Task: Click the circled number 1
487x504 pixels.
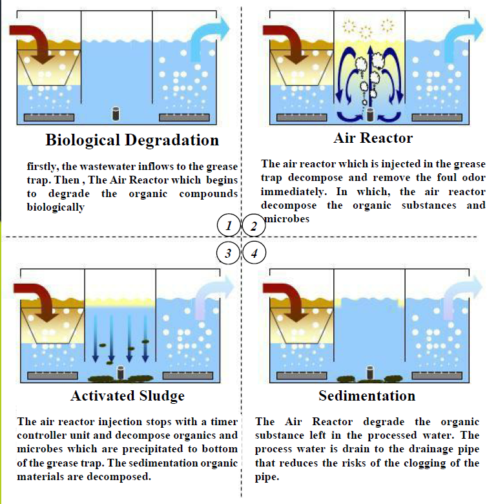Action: pyautogui.click(x=229, y=226)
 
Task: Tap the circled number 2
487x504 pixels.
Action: pyautogui.click(x=254, y=226)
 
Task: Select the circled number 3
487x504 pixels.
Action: pyautogui.click(x=228, y=253)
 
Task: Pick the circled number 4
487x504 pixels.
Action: pyautogui.click(x=254, y=253)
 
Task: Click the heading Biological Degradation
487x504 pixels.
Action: pyautogui.click(x=132, y=140)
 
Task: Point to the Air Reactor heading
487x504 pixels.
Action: pyautogui.click(x=373, y=138)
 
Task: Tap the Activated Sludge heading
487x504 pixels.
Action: pyautogui.click(x=127, y=396)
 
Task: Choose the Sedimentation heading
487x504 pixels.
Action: pyautogui.click(x=367, y=395)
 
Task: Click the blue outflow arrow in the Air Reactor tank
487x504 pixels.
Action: pyautogui.click(x=462, y=39)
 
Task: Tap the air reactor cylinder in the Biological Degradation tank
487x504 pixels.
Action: pyautogui.click(x=116, y=114)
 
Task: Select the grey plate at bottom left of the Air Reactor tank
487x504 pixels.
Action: pyautogui.click(x=302, y=118)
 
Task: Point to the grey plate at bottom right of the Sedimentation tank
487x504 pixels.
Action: pyautogui.click(x=437, y=375)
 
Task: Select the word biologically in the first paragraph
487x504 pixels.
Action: pyautogui.click(x=56, y=207)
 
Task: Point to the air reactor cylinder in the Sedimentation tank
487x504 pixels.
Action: pyautogui.click(x=369, y=373)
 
